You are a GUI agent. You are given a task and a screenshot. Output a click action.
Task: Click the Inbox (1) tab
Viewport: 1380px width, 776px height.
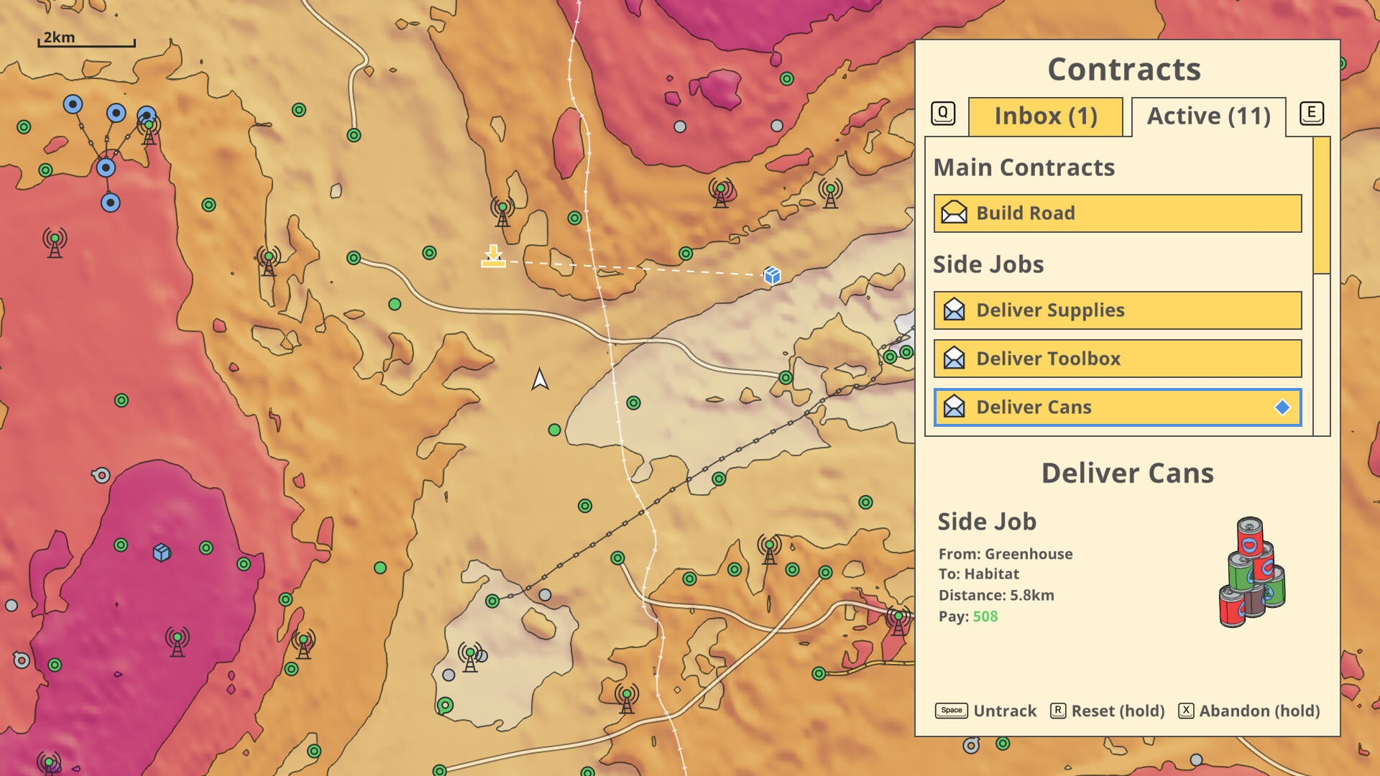point(1045,116)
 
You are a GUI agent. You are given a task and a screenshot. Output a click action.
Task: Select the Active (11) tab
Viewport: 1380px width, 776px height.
point(1208,116)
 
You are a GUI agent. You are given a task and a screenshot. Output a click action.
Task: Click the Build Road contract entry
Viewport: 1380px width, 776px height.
point(1117,213)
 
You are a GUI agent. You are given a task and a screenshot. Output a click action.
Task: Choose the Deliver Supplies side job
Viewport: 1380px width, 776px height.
point(1117,310)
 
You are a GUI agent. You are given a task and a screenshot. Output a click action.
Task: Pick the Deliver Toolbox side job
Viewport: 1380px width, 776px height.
point(1117,359)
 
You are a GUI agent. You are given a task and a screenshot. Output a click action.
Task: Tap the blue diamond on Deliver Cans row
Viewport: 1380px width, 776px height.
point(1282,407)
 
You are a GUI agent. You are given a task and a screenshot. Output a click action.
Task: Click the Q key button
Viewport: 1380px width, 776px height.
point(943,113)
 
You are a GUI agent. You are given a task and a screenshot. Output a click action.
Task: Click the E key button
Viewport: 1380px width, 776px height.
point(1311,113)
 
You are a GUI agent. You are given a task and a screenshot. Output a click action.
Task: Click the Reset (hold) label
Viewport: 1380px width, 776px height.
point(1118,711)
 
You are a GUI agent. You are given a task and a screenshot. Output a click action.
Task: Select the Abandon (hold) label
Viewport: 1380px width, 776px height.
point(1259,711)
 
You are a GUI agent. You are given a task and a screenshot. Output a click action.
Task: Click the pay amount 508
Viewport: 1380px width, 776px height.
point(985,616)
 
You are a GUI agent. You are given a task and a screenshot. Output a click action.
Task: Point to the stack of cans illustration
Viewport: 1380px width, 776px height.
point(1252,573)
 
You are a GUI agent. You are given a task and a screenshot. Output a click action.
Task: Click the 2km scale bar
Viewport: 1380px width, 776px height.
point(86,42)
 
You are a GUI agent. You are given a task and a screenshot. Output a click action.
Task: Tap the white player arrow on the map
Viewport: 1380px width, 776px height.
point(540,379)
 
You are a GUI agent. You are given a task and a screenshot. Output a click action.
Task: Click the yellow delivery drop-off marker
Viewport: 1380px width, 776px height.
point(493,257)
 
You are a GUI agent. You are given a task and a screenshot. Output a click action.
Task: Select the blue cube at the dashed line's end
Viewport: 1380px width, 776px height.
point(772,275)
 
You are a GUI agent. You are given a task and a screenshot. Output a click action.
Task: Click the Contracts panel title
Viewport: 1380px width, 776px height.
point(1124,70)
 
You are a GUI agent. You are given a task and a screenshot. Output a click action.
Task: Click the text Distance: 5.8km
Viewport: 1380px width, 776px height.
point(996,595)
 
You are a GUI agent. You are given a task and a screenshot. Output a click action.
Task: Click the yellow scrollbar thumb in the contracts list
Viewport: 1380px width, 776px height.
point(1321,205)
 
